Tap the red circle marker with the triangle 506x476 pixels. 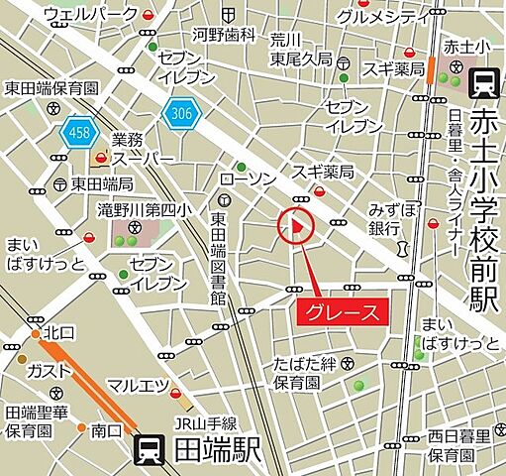point(296,227)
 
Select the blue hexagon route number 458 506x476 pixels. point(77,131)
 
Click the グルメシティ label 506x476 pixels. point(381,16)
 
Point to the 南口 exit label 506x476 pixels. point(108,429)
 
